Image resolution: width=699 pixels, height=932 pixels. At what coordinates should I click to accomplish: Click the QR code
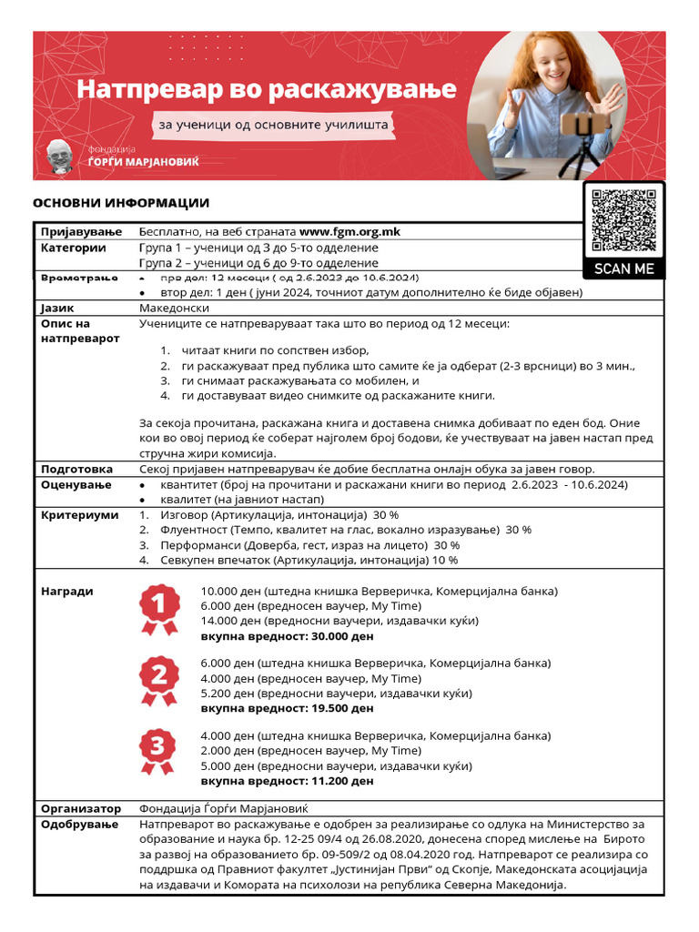pos(623,220)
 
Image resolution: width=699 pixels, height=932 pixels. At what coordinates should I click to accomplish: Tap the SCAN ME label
pos(623,268)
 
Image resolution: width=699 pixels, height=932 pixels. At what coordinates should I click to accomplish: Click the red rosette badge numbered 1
pos(157,609)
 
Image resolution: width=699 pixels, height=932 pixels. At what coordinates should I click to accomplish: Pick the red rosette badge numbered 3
pos(157,751)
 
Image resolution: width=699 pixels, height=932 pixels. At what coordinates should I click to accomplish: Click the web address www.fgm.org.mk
pos(349,232)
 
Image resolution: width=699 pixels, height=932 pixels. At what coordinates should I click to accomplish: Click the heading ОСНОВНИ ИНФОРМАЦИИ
pos(121,203)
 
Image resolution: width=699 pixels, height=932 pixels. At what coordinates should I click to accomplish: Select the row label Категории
pos(74,248)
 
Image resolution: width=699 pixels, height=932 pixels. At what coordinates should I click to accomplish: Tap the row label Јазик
pos(59,309)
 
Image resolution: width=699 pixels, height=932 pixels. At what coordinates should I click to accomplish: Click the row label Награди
pos(67,592)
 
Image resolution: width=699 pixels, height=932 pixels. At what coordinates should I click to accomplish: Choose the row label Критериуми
pos(80,515)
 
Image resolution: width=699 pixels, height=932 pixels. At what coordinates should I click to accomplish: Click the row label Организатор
pos(82,808)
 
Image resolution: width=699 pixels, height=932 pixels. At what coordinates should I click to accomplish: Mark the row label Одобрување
pos(80,825)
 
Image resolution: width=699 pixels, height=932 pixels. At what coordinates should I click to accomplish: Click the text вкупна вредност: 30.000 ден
pos(287,636)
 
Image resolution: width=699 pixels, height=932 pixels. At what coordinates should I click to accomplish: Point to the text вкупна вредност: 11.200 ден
pos(287,781)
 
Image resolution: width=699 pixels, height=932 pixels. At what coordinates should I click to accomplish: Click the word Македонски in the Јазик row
pos(175,309)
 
